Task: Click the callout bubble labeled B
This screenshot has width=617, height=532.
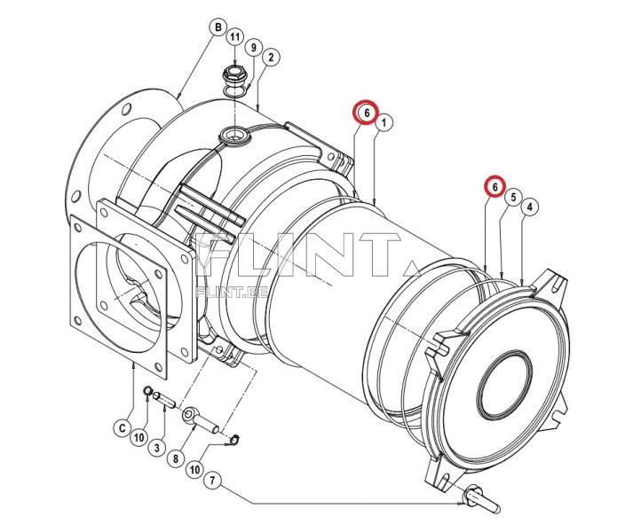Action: (x=218, y=27)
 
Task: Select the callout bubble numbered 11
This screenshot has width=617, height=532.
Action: (x=234, y=37)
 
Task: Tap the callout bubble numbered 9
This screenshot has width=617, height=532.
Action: (x=253, y=48)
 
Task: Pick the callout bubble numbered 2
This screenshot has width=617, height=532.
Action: (x=271, y=58)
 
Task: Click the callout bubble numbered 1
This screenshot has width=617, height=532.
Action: (x=384, y=122)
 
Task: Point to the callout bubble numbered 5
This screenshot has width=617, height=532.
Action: (x=513, y=197)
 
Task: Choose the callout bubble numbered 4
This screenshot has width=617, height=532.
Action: (x=530, y=207)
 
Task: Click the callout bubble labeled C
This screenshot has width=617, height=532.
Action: (x=122, y=428)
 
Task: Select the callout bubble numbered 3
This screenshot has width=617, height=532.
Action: (x=156, y=448)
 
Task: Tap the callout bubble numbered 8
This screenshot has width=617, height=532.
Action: (x=176, y=458)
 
